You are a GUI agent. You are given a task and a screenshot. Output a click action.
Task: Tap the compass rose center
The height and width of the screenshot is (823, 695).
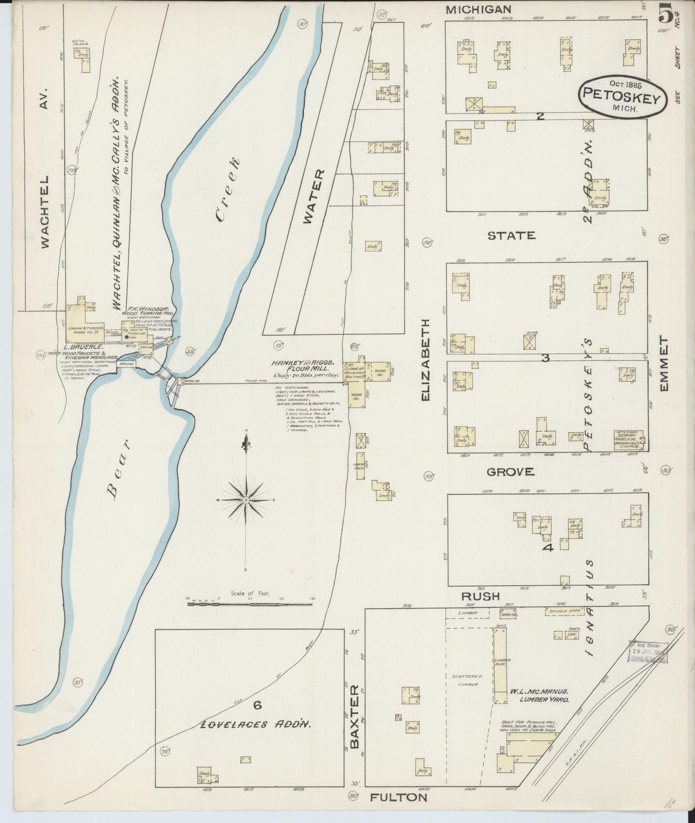click(x=246, y=501)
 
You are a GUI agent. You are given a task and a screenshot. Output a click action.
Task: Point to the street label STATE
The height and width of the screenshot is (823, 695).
click(x=511, y=235)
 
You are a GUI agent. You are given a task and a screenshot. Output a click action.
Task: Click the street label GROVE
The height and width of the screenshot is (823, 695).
click(x=510, y=472)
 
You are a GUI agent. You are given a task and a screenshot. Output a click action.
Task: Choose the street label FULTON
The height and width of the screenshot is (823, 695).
click(x=398, y=797)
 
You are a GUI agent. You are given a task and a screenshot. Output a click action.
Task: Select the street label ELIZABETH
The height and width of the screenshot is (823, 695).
click(x=425, y=360)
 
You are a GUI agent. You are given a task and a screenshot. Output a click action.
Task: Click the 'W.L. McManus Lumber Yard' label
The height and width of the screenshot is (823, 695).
click(x=539, y=696)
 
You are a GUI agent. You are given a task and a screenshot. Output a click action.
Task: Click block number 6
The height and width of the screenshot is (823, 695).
click(x=257, y=706)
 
